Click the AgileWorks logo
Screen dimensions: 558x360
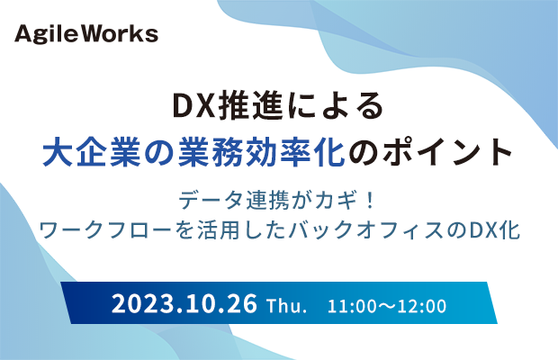coord(86,35)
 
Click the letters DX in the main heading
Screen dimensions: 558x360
coord(193,106)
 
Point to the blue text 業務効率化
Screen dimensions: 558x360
coord(261,152)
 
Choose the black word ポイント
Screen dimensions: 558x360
coord(447,152)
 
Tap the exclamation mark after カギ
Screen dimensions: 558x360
coord(371,201)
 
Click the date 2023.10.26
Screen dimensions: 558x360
coord(184,304)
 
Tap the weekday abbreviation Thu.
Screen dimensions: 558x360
coord(286,306)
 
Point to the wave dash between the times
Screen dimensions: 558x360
coord(386,306)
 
